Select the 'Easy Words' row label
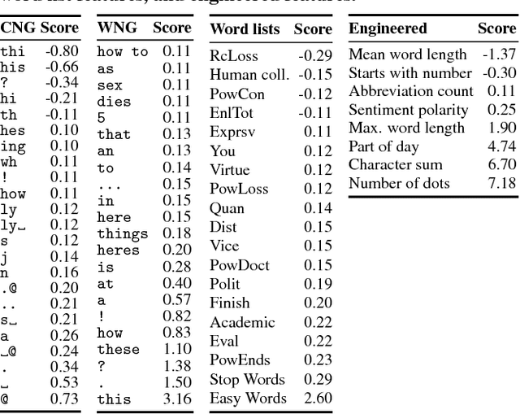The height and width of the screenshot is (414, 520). [248, 399]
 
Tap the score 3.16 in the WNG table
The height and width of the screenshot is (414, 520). [176, 399]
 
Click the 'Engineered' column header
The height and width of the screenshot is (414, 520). [388, 28]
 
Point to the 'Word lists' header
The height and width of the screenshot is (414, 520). [245, 29]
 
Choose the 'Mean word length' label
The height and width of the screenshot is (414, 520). [407, 54]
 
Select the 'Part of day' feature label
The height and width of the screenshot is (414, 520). [383, 146]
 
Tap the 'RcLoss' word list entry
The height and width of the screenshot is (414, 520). [231, 55]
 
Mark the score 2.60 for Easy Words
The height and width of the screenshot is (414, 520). [317, 399]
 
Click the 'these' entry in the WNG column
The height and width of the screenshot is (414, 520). [118, 350]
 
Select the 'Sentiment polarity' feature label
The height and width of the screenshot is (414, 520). [409, 110]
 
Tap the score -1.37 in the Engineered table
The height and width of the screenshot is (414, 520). [498, 54]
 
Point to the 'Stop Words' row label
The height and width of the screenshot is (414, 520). [247, 380]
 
